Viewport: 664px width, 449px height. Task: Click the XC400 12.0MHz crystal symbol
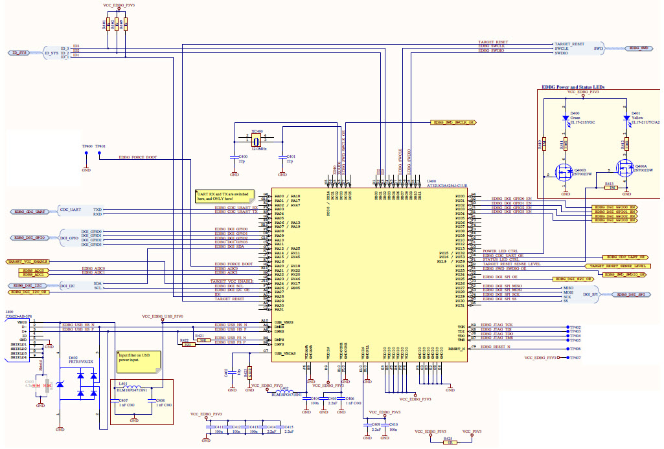coord(256,140)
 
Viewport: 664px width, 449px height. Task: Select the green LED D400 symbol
coord(566,118)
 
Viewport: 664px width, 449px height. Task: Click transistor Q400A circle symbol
coord(624,171)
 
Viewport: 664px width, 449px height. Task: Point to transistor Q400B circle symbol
coord(564,173)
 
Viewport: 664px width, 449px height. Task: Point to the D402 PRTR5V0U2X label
coord(80,360)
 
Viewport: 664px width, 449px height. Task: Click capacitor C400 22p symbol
coord(235,157)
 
